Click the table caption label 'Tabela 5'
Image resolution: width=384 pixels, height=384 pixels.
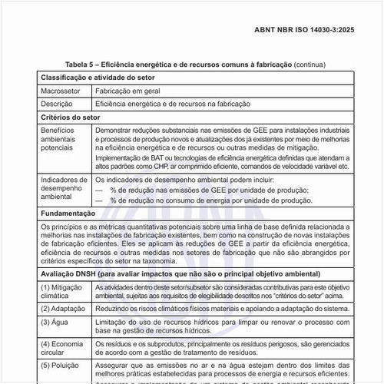(x=82, y=65)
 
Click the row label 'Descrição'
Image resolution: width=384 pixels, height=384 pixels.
(x=56, y=103)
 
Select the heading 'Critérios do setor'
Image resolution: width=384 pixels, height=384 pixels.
(x=71, y=117)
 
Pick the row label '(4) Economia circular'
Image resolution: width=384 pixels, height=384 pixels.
(x=62, y=348)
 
